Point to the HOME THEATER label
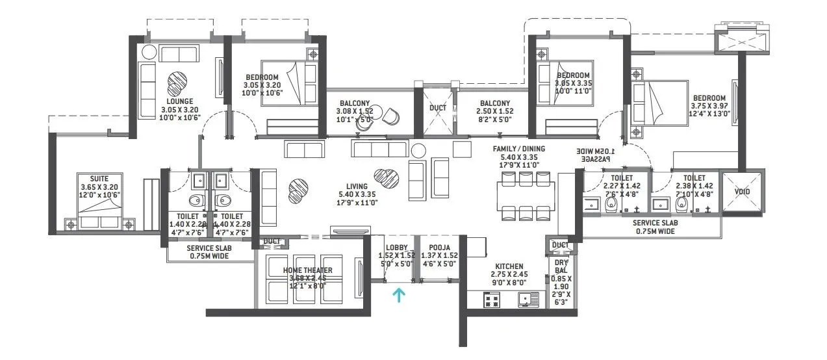307,270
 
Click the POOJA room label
435,248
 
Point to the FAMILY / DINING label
518,149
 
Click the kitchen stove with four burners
492,300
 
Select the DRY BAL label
561,266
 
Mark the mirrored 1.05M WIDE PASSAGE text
596,155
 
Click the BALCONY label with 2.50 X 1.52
494,103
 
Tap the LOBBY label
396,248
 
